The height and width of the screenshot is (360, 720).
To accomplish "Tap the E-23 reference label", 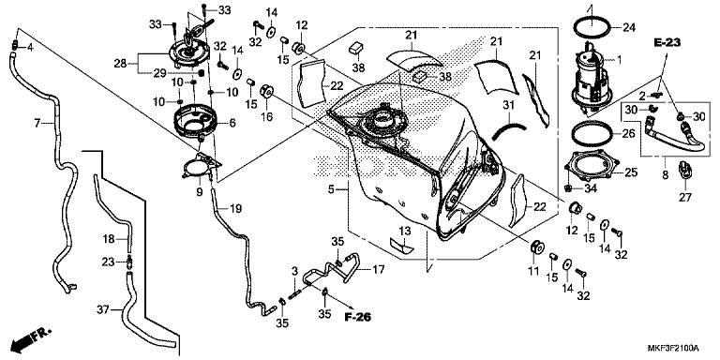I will point(668,42).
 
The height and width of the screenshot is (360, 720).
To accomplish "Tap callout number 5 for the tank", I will point(331,190).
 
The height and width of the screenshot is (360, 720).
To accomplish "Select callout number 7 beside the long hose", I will point(37,123).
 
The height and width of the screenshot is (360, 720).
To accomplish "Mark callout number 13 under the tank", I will point(404,230).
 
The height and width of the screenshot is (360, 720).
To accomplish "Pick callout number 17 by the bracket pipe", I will point(379,270).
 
